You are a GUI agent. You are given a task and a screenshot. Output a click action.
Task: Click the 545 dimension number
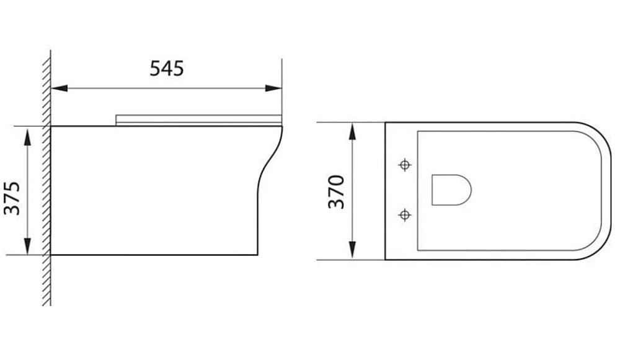point(167,68)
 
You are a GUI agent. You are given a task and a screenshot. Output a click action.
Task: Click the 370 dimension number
point(335,192)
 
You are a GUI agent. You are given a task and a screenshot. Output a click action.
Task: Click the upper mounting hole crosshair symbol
point(405,165)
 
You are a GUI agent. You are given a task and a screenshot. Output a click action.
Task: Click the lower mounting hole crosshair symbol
point(405,215)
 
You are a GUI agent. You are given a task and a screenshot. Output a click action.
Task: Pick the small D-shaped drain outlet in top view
point(450,190)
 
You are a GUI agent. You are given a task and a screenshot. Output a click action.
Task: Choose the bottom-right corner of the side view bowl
point(257,254)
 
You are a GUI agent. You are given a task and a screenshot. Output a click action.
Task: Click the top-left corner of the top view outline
point(385,123)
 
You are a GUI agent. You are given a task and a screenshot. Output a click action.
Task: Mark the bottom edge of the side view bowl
point(155,254)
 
